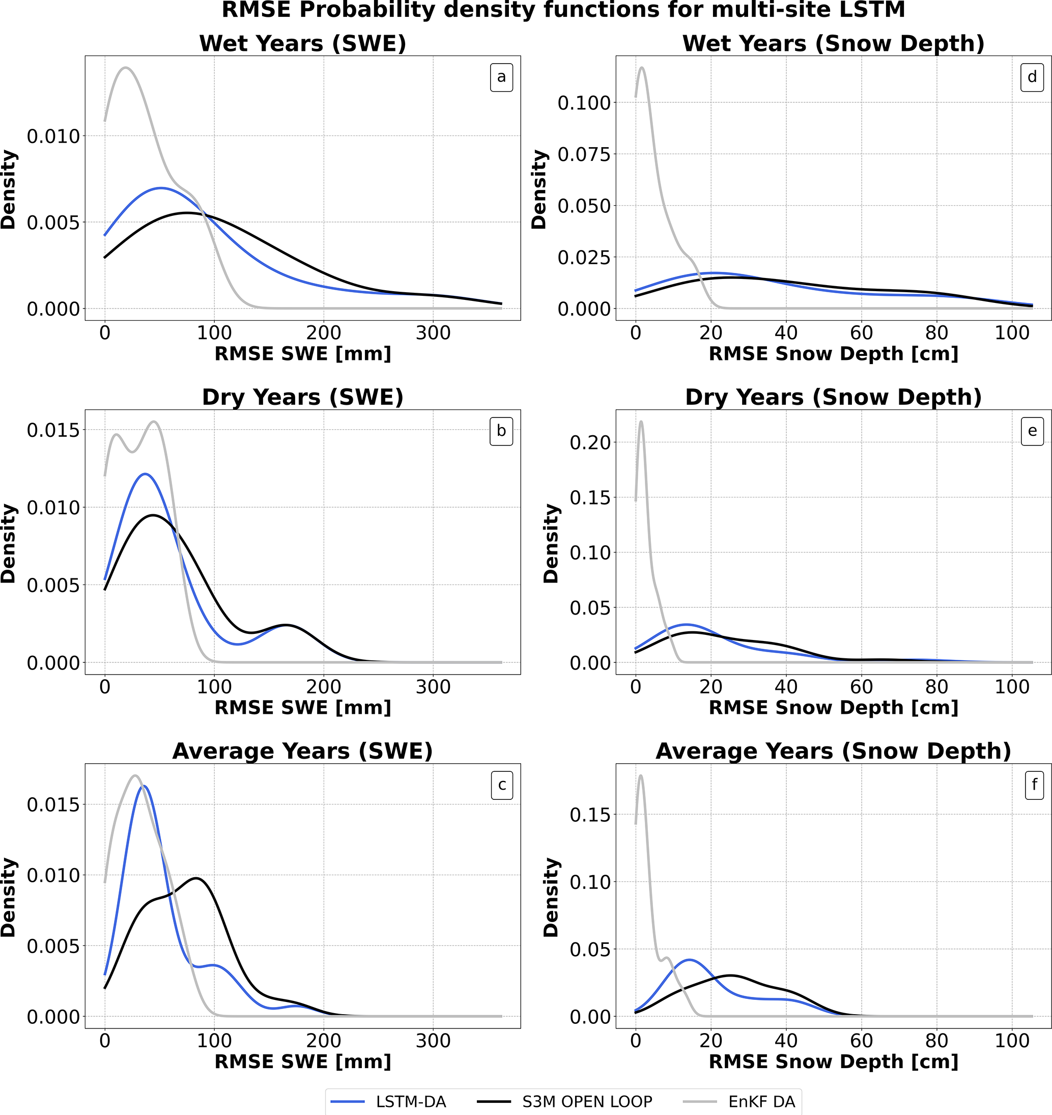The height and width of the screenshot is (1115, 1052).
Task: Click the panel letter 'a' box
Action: point(501,77)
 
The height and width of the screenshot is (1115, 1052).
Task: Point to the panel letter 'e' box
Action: point(1032,431)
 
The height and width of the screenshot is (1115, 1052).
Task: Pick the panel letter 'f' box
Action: point(1034,785)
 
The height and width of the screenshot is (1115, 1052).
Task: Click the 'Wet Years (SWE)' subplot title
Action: point(303,44)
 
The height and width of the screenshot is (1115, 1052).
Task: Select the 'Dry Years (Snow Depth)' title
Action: point(833,397)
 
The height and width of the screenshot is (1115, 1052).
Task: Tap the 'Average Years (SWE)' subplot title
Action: point(303,751)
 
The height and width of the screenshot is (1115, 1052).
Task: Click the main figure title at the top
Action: point(563,10)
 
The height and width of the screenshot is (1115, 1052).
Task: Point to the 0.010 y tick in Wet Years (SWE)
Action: point(54,136)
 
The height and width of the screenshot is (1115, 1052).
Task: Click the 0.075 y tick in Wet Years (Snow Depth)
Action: point(584,154)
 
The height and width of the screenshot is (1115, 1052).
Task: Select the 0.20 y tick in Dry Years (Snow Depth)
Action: point(590,442)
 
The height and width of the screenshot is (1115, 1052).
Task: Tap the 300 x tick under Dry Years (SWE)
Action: point(433,687)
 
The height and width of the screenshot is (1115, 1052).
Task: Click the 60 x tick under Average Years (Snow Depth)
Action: point(861,1041)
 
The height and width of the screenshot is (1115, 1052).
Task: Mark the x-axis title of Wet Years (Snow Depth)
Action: point(833,354)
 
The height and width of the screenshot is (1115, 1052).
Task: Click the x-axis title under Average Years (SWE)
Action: point(303,1062)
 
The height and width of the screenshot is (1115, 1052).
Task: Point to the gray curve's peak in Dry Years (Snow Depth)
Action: point(641,422)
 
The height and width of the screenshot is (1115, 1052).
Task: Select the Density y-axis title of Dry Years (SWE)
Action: point(9,543)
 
